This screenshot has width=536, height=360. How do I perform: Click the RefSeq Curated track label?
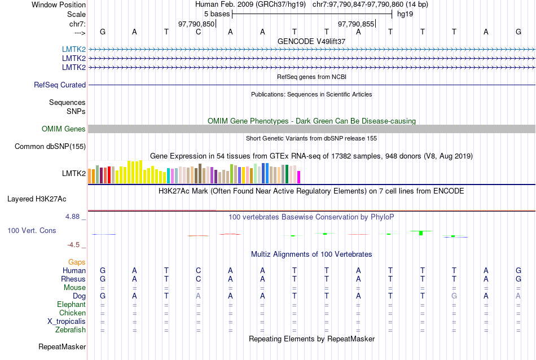coord(60,85)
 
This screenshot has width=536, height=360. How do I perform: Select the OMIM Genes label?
coord(64,129)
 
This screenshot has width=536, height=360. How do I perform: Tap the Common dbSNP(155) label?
coord(50,147)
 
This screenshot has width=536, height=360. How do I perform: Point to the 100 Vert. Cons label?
coord(32,231)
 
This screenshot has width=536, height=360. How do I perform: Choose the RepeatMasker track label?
coord(62,346)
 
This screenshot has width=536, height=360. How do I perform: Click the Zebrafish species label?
coord(71,330)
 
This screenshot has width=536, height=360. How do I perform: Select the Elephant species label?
coord(72,305)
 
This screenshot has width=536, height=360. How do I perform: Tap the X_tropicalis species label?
coord(67,322)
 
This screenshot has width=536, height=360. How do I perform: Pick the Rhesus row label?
coord(73,279)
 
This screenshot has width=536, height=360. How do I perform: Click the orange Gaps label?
coord(77,262)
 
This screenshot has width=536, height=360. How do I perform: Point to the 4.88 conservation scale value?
coord(74,217)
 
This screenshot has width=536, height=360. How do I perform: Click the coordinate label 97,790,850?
coord(196,24)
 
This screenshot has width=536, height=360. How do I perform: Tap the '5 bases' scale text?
coord(217,14)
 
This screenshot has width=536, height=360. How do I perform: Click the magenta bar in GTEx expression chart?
coord(299,177)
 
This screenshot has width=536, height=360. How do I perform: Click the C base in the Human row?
coord(198,271)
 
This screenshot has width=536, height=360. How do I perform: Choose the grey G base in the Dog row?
coord(454,296)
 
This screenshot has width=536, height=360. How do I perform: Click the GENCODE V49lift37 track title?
coord(311,41)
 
